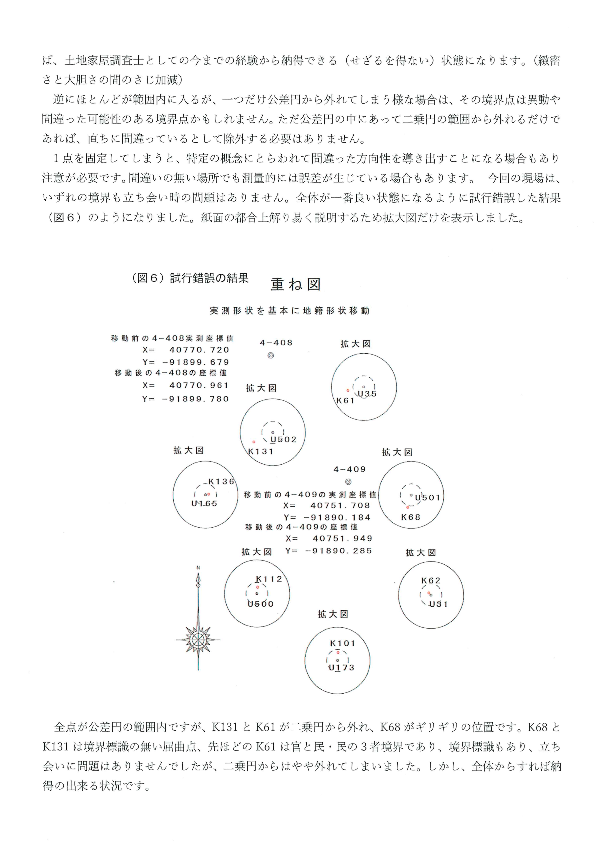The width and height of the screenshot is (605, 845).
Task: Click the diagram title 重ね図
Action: [x=295, y=284]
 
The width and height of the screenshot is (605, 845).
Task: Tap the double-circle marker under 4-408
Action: [x=271, y=355]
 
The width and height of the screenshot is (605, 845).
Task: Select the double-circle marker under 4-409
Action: [x=348, y=482]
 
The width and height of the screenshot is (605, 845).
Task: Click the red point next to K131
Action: [x=254, y=442]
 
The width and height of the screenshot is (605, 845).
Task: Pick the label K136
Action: [x=221, y=482]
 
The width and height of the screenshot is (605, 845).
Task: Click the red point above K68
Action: [x=408, y=507]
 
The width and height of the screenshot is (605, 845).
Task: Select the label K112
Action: [x=269, y=579]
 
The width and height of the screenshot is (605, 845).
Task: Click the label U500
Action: [x=261, y=604]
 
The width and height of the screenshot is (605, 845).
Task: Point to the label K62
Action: [x=431, y=581]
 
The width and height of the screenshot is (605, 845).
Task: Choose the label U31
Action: [x=439, y=604]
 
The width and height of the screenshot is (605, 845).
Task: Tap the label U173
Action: [x=341, y=668]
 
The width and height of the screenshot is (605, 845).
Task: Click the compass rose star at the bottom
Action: [x=198, y=640]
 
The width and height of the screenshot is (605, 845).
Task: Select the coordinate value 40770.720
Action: [x=199, y=350]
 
